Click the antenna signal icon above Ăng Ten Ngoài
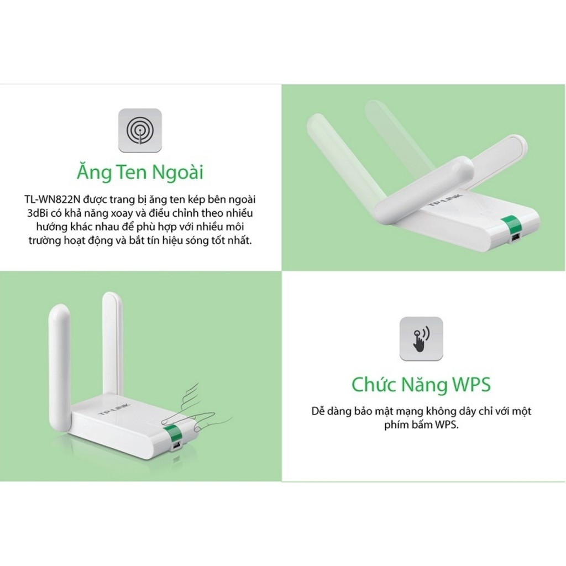[x=140, y=130]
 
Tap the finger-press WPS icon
[x=421, y=338]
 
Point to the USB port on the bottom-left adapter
[x=176, y=445]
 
